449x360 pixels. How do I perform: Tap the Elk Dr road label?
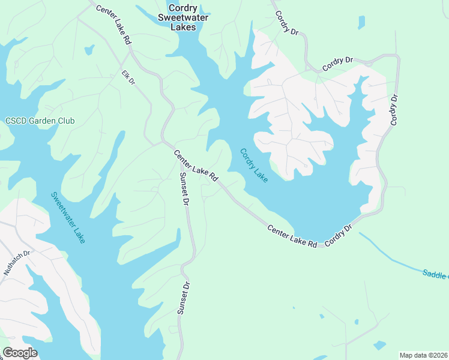[128, 77]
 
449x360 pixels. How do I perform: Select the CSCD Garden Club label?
[40, 121]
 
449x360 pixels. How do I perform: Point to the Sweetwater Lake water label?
[68, 217]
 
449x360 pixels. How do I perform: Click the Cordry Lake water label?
[254, 165]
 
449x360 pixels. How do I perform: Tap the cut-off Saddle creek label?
[435, 274]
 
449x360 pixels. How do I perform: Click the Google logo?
[20, 353]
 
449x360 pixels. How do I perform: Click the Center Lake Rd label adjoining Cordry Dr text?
[292, 236]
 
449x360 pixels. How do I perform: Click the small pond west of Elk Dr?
[89, 49]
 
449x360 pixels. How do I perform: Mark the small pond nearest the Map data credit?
[379, 346]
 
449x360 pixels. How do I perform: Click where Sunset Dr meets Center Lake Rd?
[180, 172]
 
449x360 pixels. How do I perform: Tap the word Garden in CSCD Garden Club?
[40, 121]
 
